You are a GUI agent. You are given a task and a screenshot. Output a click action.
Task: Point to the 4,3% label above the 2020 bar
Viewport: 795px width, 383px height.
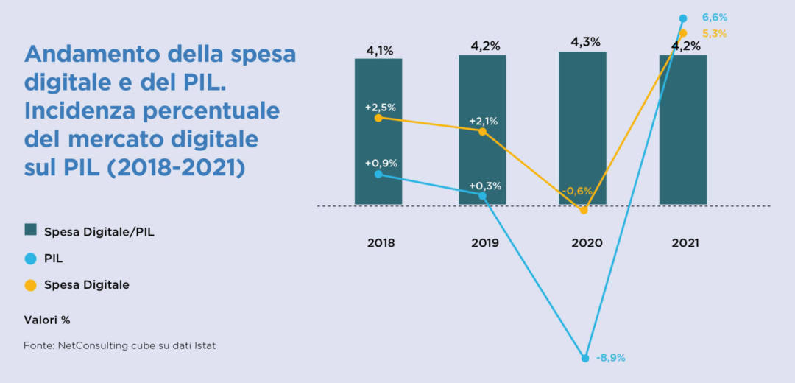point(585,42)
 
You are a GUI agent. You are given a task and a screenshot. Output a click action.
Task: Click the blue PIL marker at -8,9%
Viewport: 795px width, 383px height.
point(585,358)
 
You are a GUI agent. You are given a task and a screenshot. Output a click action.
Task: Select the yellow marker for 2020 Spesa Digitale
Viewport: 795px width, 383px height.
point(584,210)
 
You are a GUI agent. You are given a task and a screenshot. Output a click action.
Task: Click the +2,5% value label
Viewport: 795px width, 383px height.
point(380,107)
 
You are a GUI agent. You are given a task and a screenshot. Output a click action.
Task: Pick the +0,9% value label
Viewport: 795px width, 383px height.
point(380,163)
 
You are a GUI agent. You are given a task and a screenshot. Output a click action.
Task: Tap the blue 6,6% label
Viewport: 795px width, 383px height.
point(715,17)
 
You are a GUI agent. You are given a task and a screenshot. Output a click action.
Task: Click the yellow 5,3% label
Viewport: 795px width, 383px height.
point(715,33)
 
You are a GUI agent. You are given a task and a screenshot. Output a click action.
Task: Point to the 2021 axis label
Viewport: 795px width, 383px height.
point(685,243)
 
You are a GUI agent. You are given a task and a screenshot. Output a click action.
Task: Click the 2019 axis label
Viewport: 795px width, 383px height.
point(484,243)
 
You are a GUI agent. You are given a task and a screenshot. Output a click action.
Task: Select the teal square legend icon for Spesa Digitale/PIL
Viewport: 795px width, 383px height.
point(30,230)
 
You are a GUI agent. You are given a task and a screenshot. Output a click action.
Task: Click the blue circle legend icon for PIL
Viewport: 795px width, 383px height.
point(30,259)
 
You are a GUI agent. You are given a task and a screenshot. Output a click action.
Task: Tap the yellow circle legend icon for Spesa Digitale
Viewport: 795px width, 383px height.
point(30,285)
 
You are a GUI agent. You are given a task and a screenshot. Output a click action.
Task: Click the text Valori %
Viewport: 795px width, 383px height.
point(47,320)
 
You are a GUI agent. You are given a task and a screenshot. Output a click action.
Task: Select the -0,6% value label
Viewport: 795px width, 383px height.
point(577,191)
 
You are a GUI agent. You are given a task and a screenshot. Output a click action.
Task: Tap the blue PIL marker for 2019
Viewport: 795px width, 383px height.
point(482,196)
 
